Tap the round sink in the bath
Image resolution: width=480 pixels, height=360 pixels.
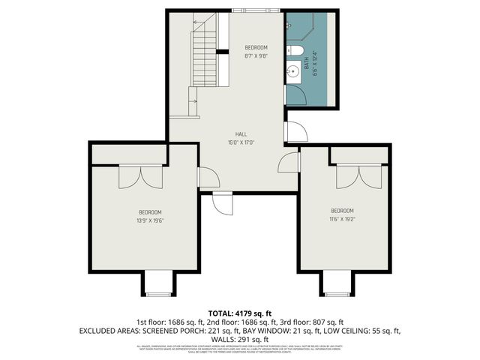(x=292, y=73)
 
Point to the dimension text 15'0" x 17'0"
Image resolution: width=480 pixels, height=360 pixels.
(x=241, y=142)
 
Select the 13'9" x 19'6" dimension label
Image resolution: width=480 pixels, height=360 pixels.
(x=150, y=220)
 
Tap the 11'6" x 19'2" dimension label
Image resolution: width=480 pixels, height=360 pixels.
(x=342, y=219)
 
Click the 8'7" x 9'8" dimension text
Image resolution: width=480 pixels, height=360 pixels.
(x=256, y=55)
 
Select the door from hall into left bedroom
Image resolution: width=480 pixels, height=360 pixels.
(x=206, y=178)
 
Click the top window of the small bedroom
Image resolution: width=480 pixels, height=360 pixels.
(x=256, y=11)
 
